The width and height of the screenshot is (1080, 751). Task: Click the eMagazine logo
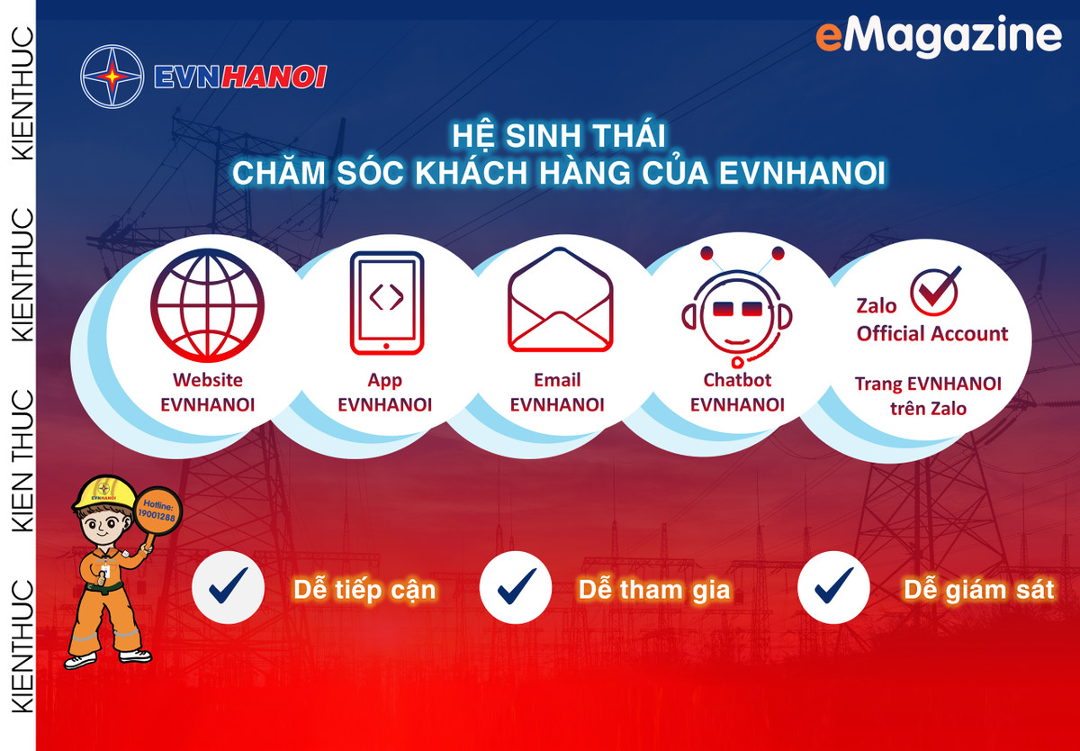[x=938, y=36]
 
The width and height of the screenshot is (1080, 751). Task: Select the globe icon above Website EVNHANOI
[x=207, y=306]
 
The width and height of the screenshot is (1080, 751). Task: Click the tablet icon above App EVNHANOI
[x=386, y=303]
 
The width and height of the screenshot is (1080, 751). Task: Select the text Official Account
[x=931, y=334]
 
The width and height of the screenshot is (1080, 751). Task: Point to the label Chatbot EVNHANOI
[x=737, y=393]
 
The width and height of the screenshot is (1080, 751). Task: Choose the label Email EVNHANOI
[x=557, y=393]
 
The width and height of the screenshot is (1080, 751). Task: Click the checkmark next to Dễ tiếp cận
[x=229, y=588]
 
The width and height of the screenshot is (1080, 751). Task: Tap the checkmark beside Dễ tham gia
[x=516, y=588]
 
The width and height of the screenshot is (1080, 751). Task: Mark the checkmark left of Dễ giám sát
[x=833, y=588]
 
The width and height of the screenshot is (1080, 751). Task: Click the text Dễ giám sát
[x=979, y=591]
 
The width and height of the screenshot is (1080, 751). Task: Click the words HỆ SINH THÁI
[x=558, y=138]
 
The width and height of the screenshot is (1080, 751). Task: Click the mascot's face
[x=106, y=524]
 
